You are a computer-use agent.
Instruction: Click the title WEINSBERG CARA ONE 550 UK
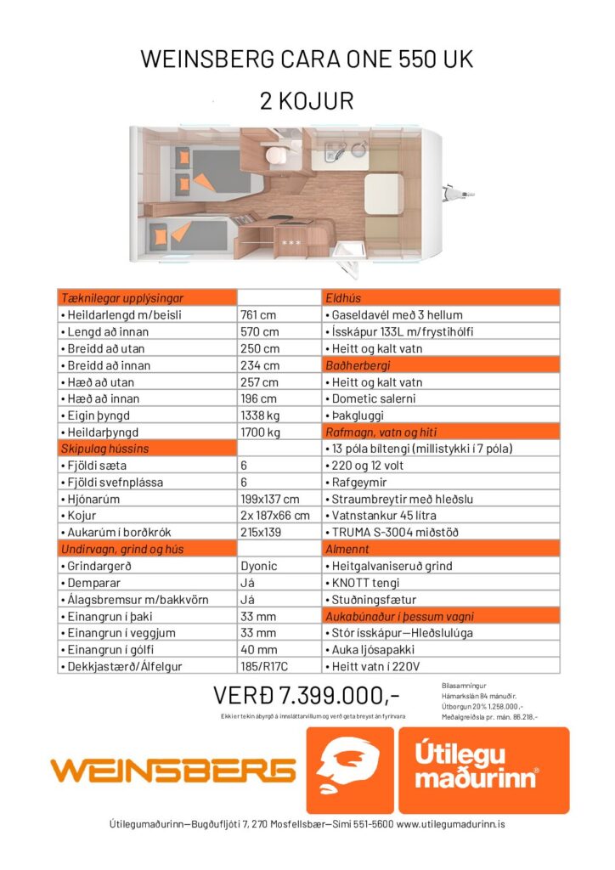coord(307,60)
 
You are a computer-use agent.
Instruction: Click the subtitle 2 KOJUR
coord(307,101)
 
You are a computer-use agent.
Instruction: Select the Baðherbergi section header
coord(358,365)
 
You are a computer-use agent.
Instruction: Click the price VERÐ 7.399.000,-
coord(306,696)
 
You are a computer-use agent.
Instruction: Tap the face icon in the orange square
coord(349,770)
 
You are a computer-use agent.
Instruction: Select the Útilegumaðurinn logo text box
coord(482,770)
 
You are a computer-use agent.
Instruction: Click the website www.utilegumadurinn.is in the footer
coord(450,824)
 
